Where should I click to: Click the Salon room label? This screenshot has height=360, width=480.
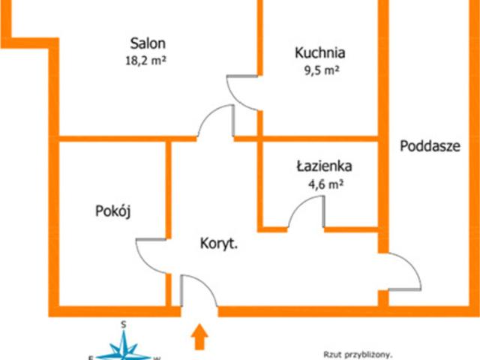point(148,43)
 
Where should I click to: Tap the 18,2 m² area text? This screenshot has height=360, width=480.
point(145,60)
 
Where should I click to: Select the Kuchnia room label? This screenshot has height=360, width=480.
point(320,52)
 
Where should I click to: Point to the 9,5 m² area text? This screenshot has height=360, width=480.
point(322,70)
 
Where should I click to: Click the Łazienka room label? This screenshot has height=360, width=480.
point(325,166)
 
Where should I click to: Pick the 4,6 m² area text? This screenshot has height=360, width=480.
point(325,184)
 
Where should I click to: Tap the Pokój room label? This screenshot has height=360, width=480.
point(113,211)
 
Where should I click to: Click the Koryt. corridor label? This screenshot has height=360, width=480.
point(219,244)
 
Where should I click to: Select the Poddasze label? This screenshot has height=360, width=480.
point(430,146)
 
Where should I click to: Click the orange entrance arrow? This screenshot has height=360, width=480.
point(199,337)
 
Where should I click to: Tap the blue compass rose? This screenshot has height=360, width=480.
point(124,346)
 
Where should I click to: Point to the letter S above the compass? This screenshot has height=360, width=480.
point(123,325)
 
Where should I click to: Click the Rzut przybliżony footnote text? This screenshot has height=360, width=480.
point(358,355)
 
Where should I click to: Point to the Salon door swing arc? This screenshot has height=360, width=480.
point(208,114)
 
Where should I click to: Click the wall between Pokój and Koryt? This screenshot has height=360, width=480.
point(168,190)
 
